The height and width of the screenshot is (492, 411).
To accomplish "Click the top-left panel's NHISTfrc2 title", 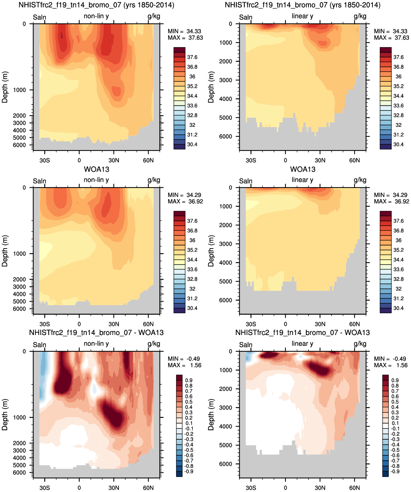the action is tap(96, 5).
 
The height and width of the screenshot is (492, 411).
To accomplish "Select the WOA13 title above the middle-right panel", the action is tap(303, 169).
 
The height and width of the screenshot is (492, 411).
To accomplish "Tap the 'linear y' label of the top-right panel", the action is tap(303, 16).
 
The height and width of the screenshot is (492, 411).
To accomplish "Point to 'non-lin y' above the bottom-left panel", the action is tap(96, 344).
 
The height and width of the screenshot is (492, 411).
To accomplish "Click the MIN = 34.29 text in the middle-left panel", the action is tap(184, 195).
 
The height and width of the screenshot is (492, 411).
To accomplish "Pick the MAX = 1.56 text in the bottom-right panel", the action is tap(391, 365).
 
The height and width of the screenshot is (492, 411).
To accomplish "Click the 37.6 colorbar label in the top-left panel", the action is tap(192, 57).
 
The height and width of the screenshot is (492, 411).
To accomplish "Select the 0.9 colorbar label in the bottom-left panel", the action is tap(189, 380).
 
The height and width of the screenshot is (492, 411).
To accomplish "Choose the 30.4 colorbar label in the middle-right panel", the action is tap(399, 308).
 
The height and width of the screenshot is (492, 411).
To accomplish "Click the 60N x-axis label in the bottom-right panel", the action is tap(354, 488).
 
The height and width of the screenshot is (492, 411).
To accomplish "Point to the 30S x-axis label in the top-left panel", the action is tap(45, 161).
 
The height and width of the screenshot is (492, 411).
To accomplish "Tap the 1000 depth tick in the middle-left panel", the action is tap(19, 254).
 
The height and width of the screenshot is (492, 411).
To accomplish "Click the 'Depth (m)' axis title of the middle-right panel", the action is tap(211, 251).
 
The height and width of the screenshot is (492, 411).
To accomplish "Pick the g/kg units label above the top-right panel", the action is tap(360, 16).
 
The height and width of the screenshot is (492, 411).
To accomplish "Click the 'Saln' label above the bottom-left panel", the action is tap(39, 345).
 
